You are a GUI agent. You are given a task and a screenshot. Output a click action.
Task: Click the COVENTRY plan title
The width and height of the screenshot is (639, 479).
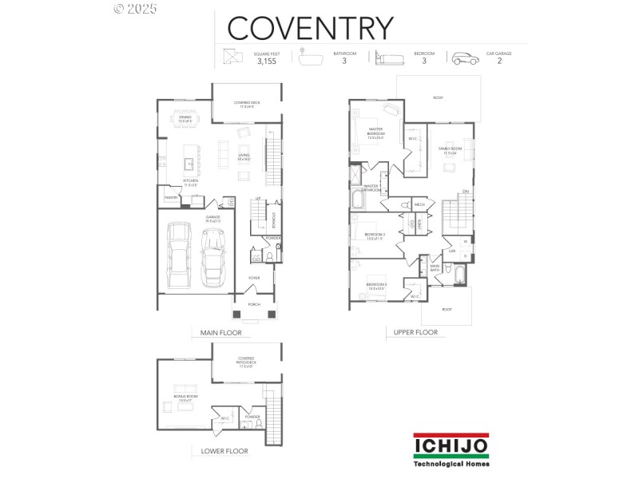310,27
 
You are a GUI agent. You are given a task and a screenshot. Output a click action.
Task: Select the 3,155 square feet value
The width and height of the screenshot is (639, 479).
266,61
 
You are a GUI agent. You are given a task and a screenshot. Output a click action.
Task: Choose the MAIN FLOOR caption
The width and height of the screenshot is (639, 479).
216,333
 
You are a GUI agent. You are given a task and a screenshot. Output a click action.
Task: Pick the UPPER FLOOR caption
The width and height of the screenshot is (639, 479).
415,333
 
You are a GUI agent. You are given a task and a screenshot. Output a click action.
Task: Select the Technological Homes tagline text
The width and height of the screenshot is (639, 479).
451,463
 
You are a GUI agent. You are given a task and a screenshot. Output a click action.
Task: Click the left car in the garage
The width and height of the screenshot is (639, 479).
180,255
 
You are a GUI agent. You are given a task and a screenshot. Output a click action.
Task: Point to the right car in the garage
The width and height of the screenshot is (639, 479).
213,257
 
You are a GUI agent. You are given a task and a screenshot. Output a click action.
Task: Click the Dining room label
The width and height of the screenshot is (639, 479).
185,118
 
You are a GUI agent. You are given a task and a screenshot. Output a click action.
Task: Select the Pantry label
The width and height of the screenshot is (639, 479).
170,197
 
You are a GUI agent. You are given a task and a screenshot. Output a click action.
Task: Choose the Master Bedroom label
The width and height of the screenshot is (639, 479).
375,133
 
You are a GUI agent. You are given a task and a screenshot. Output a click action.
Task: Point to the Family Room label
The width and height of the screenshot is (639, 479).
450,150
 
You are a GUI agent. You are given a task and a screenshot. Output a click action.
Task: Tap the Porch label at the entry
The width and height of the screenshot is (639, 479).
254,304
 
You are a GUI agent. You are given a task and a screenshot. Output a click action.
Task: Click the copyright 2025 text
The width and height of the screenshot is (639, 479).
136,9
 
